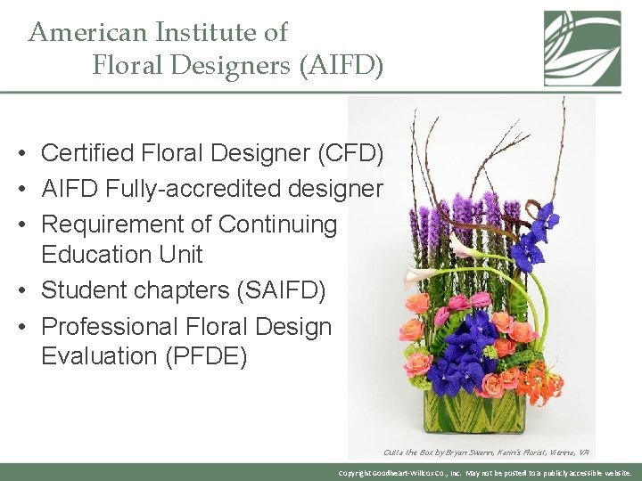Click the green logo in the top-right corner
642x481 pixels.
click(x=582, y=48)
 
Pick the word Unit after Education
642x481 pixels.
click(x=179, y=254)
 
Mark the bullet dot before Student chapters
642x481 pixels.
click(x=20, y=290)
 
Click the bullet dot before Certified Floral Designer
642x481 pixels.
click(x=20, y=154)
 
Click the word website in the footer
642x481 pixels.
click(x=613, y=473)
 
